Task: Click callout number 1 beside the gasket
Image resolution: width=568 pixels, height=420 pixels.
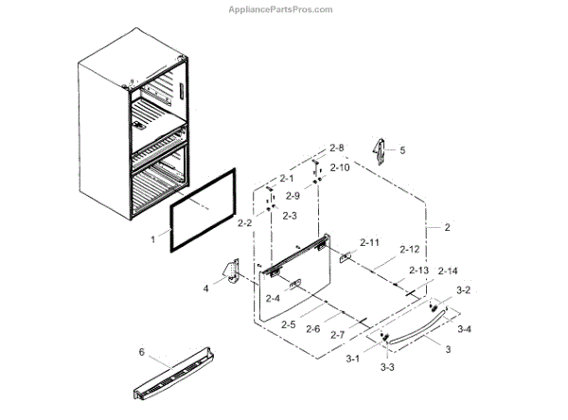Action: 153,240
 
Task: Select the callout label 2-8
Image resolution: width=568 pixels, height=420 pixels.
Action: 338,149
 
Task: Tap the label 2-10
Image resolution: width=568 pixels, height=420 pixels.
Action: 339,167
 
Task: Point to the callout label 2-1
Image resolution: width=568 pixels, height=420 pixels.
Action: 286,179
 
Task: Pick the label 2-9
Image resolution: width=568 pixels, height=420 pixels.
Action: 293,197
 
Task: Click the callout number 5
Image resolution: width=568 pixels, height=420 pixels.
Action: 401,150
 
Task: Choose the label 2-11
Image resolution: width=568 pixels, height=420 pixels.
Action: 368,243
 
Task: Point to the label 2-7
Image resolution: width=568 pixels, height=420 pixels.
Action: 340,335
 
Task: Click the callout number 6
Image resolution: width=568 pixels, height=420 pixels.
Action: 142,353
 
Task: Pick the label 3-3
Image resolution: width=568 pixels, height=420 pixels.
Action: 386,366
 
